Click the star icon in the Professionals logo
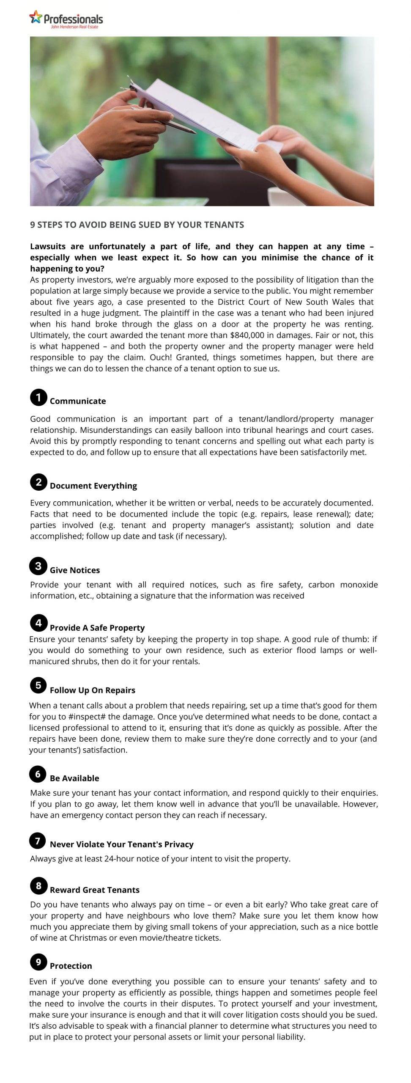coord(36,16)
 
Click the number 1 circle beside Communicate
coord(38,397)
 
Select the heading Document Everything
coord(93,486)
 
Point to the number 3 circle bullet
coord(38,566)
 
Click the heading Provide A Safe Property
coord(97,628)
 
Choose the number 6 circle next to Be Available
coord(38,774)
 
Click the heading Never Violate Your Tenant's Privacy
coord(122,844)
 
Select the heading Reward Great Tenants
coord(95,890)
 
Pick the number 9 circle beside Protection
coord(38,962)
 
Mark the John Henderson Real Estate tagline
coord(74,27)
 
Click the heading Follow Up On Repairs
coord(93,690)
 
